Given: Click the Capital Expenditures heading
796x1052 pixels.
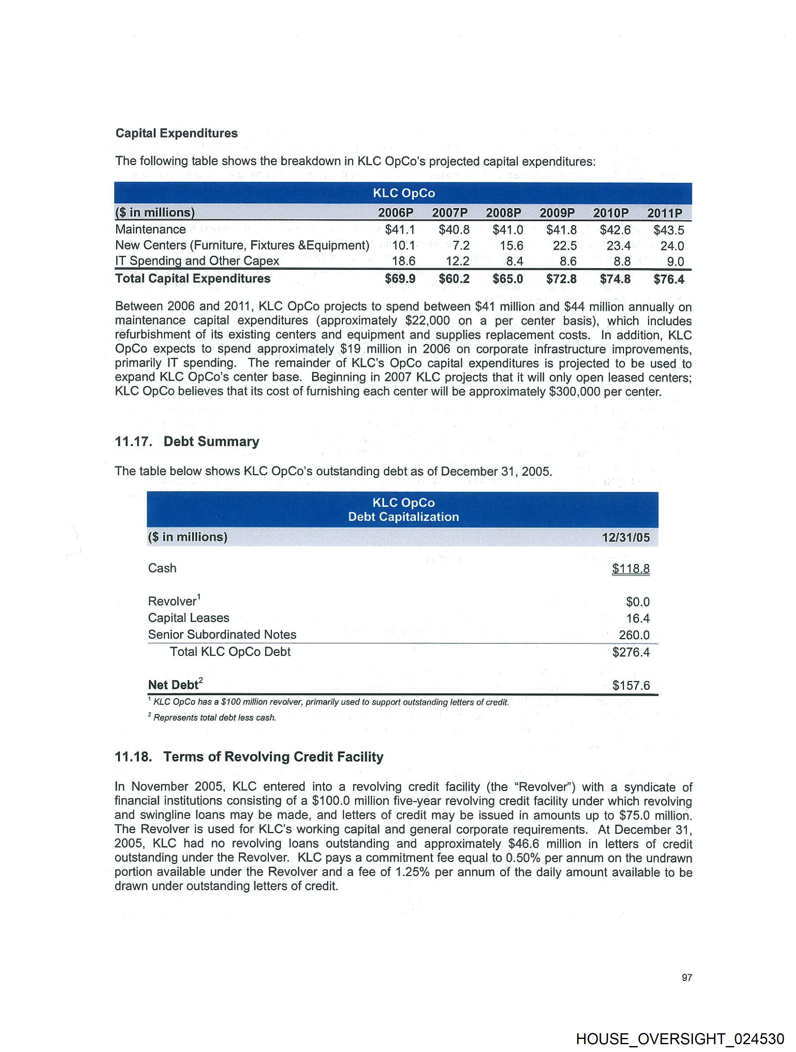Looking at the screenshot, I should click(x=176, y=133).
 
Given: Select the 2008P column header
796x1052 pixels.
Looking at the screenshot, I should click(x=503, y=213).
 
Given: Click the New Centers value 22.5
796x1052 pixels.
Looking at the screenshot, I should click(x=565, y=246).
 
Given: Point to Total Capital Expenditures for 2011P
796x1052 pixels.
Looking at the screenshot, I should click(x=669, y=279).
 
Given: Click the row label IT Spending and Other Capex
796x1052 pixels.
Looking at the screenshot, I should click(x=197, y=261).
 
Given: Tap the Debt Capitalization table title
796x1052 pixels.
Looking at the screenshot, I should click(x=403, y=517).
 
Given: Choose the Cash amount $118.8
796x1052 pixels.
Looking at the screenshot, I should click(x=631, y=569).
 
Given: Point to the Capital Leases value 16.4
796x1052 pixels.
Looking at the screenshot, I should click(x=638, y=618).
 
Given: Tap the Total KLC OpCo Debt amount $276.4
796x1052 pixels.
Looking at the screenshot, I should click(x=631, y=652).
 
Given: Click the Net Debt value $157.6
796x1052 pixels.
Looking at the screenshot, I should click(x=631, y=685).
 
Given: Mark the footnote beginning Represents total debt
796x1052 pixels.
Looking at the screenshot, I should click(x=214, y=718).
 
